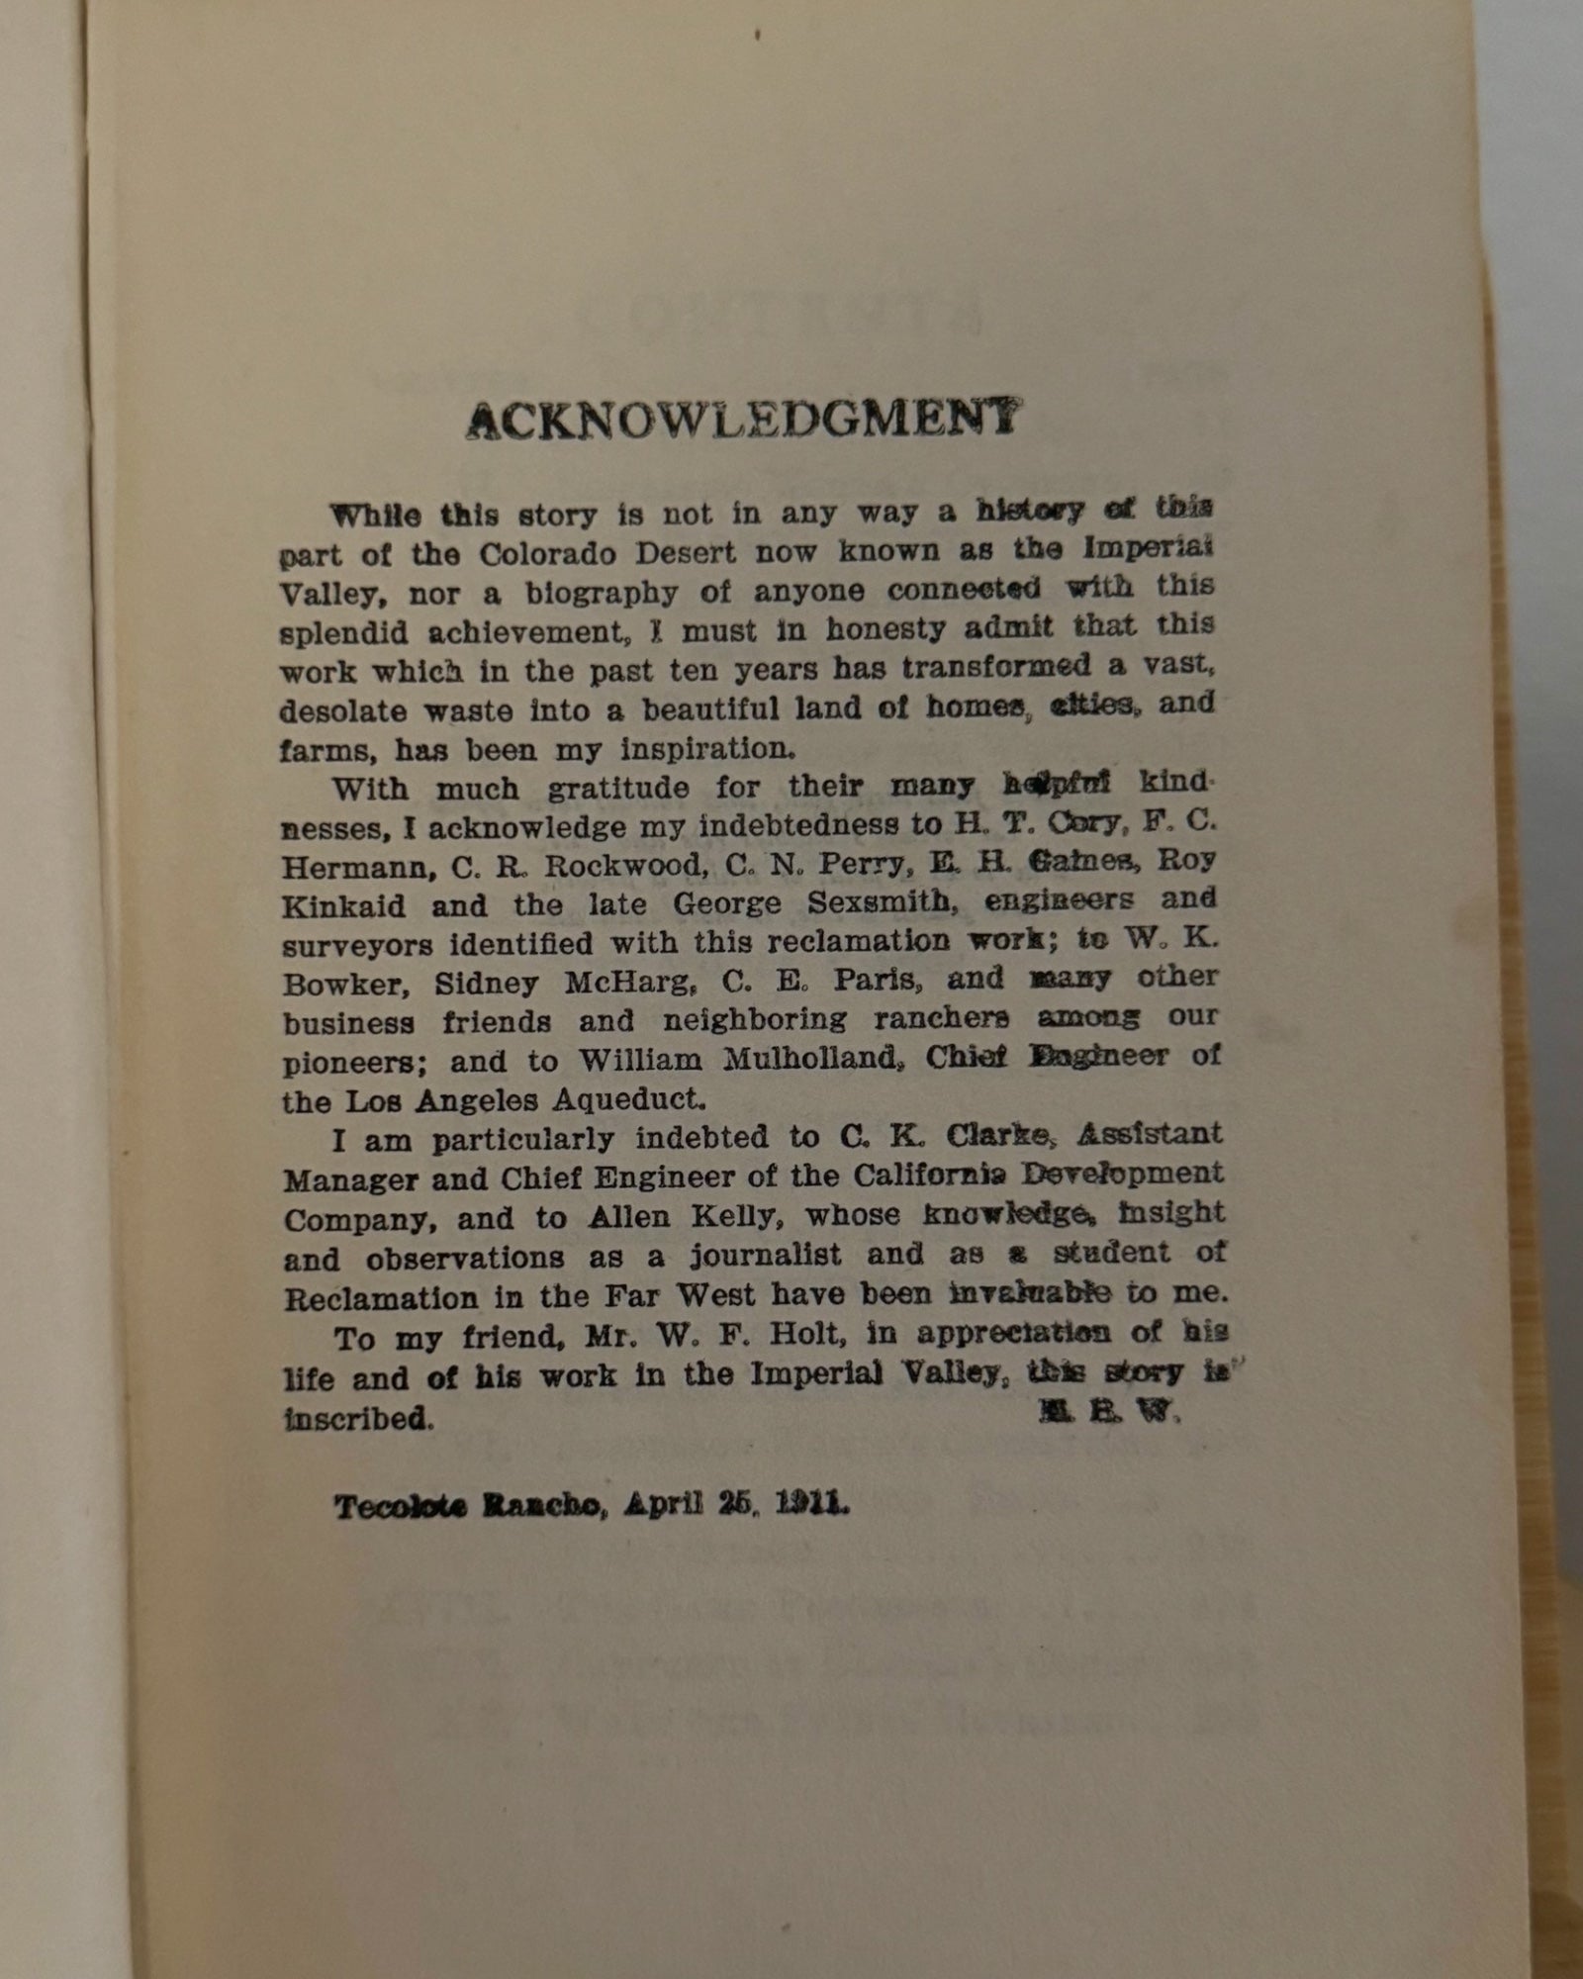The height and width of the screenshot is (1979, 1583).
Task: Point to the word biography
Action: coord(602,593)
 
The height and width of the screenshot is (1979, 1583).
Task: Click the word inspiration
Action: coord(707,748)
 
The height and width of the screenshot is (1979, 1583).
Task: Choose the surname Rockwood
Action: coord(626,865)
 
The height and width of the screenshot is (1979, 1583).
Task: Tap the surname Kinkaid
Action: coord(343,906)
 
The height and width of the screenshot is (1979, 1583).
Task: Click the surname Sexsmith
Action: coord(867,902)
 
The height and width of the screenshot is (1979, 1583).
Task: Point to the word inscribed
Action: coord(358,1419)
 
